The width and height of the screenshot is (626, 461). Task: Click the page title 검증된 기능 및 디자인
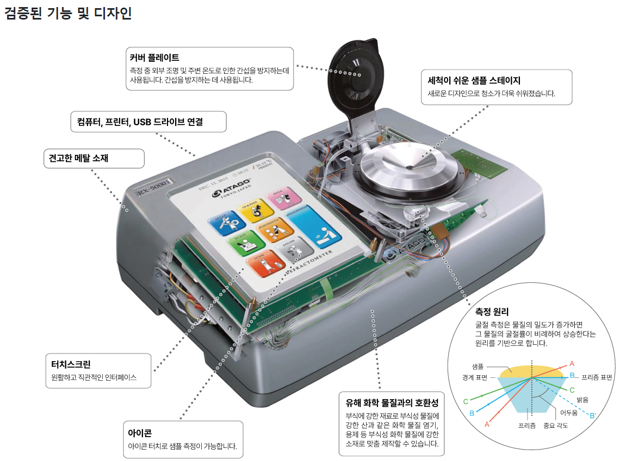68,13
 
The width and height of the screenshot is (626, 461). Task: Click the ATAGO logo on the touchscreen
230,191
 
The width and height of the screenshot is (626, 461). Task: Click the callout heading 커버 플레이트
154,57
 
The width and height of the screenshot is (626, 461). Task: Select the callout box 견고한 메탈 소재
94,159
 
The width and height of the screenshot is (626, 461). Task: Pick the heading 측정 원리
492,312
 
